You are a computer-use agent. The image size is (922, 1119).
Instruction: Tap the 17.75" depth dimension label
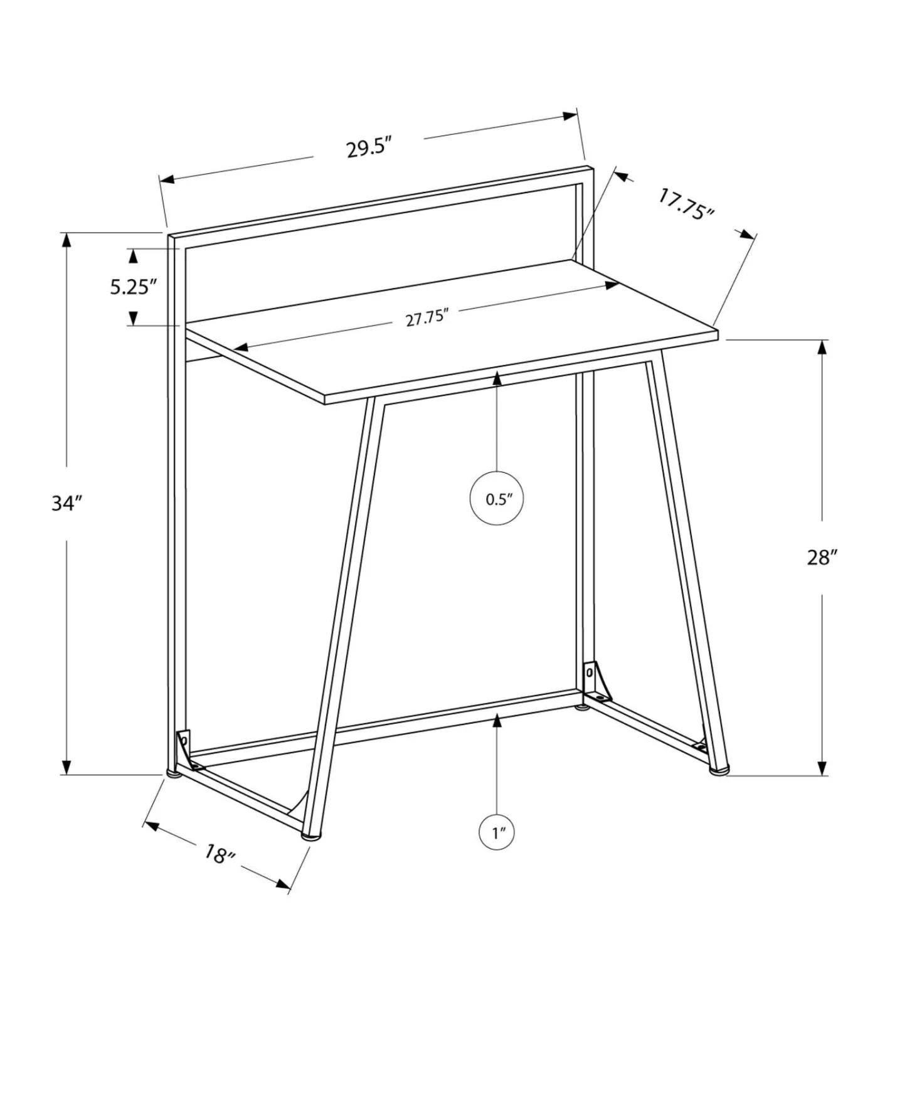tap(686, 204)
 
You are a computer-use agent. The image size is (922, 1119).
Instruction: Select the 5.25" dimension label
tap(133, 287)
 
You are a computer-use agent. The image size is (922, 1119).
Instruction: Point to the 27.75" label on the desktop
tap(427, 317)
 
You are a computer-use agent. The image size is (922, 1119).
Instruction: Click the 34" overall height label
tap(67, 503)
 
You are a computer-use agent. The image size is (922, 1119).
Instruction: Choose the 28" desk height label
tap(822, 557)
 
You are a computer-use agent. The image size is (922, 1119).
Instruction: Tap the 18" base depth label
tap(219, 854)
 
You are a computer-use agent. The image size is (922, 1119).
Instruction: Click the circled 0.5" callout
tap(497, 499)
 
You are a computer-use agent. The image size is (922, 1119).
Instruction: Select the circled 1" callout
tap(497, 833)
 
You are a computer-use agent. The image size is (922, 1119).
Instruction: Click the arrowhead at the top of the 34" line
tap(66, 240)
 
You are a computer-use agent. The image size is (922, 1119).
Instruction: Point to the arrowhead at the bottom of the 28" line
tap(822, 768)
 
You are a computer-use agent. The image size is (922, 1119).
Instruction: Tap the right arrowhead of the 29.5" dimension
tap(570, 115)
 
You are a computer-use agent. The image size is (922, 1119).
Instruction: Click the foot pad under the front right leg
tap(719, 769)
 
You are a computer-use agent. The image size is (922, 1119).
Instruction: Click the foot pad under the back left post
tap(174, 773)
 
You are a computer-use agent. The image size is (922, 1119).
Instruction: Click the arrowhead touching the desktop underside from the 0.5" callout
tap(497, 378)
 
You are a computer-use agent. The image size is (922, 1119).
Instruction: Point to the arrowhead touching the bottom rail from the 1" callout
tap(497, 721)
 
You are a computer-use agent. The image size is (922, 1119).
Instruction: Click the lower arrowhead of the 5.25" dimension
tap(133, 319)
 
